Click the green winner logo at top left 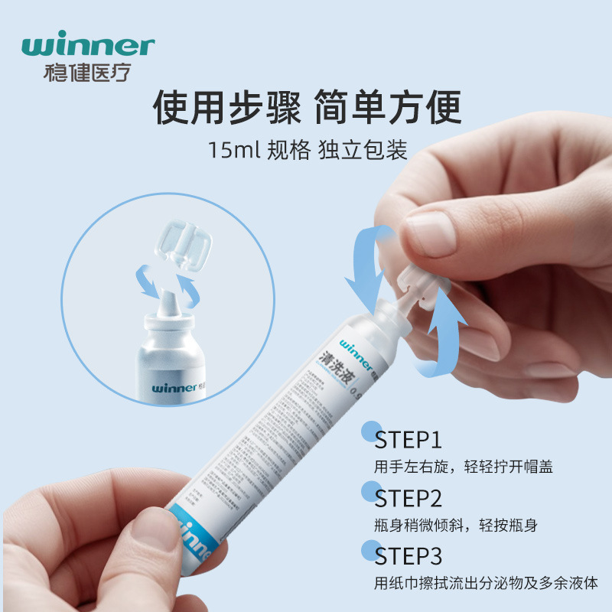click(88, 45)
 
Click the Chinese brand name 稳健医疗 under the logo click(89, 73)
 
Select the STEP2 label click(409, 499)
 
